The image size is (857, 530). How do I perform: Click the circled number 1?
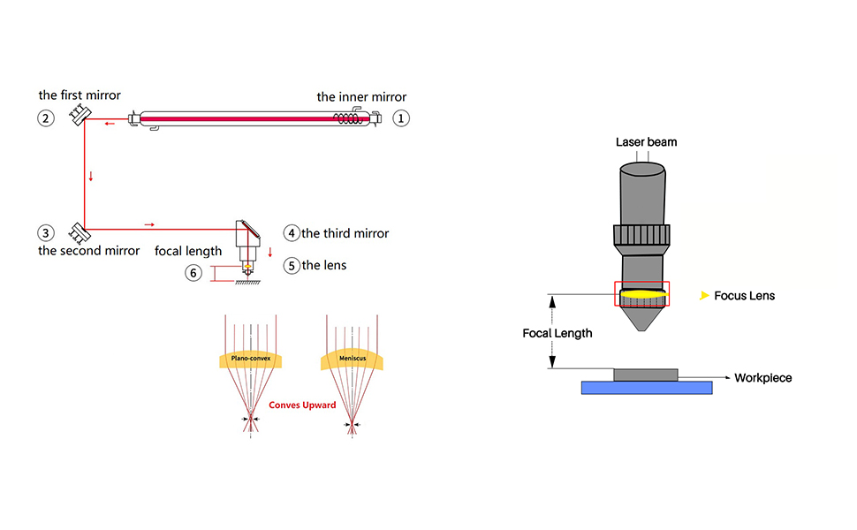pos(402,117)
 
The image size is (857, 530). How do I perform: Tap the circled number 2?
pos(46,117)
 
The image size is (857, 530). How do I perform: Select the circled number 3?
pos(46,233)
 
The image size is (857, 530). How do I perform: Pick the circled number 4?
pos(292,233)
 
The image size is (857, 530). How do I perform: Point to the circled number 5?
pos(292,264)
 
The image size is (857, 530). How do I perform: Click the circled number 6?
pos(193,273)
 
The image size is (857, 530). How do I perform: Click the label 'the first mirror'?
pos(80,95)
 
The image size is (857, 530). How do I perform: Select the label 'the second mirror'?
pos(88,251)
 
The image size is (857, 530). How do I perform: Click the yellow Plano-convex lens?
pos(252,359)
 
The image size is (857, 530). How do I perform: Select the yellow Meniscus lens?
pos(353,359)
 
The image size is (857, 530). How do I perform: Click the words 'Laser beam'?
pos(647,142)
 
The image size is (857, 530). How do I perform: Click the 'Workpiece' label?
pos(763,378)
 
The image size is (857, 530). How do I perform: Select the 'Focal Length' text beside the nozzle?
pos(557,334)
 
